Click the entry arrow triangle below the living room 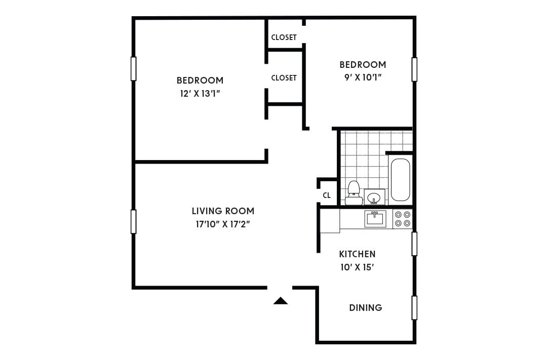point(281,301)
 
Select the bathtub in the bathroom point(400,180)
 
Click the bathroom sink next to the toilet point(375,196)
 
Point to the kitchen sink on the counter point(375,218)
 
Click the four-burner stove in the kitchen point(403,219)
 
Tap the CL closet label point(327,195)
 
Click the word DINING point(366,307)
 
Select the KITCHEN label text point(357,254)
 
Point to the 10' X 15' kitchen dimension point(357,267)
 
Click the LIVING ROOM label point(223,211)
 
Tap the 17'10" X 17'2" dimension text point(223,224)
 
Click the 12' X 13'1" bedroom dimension point(200,93)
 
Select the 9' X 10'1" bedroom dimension point(363,77)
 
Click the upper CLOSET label point(284,37)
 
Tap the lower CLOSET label point(284,78)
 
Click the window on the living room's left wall point(134,221)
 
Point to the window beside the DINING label point(414,307)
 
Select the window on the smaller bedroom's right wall point(414,69)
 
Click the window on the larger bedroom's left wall point(134,68)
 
